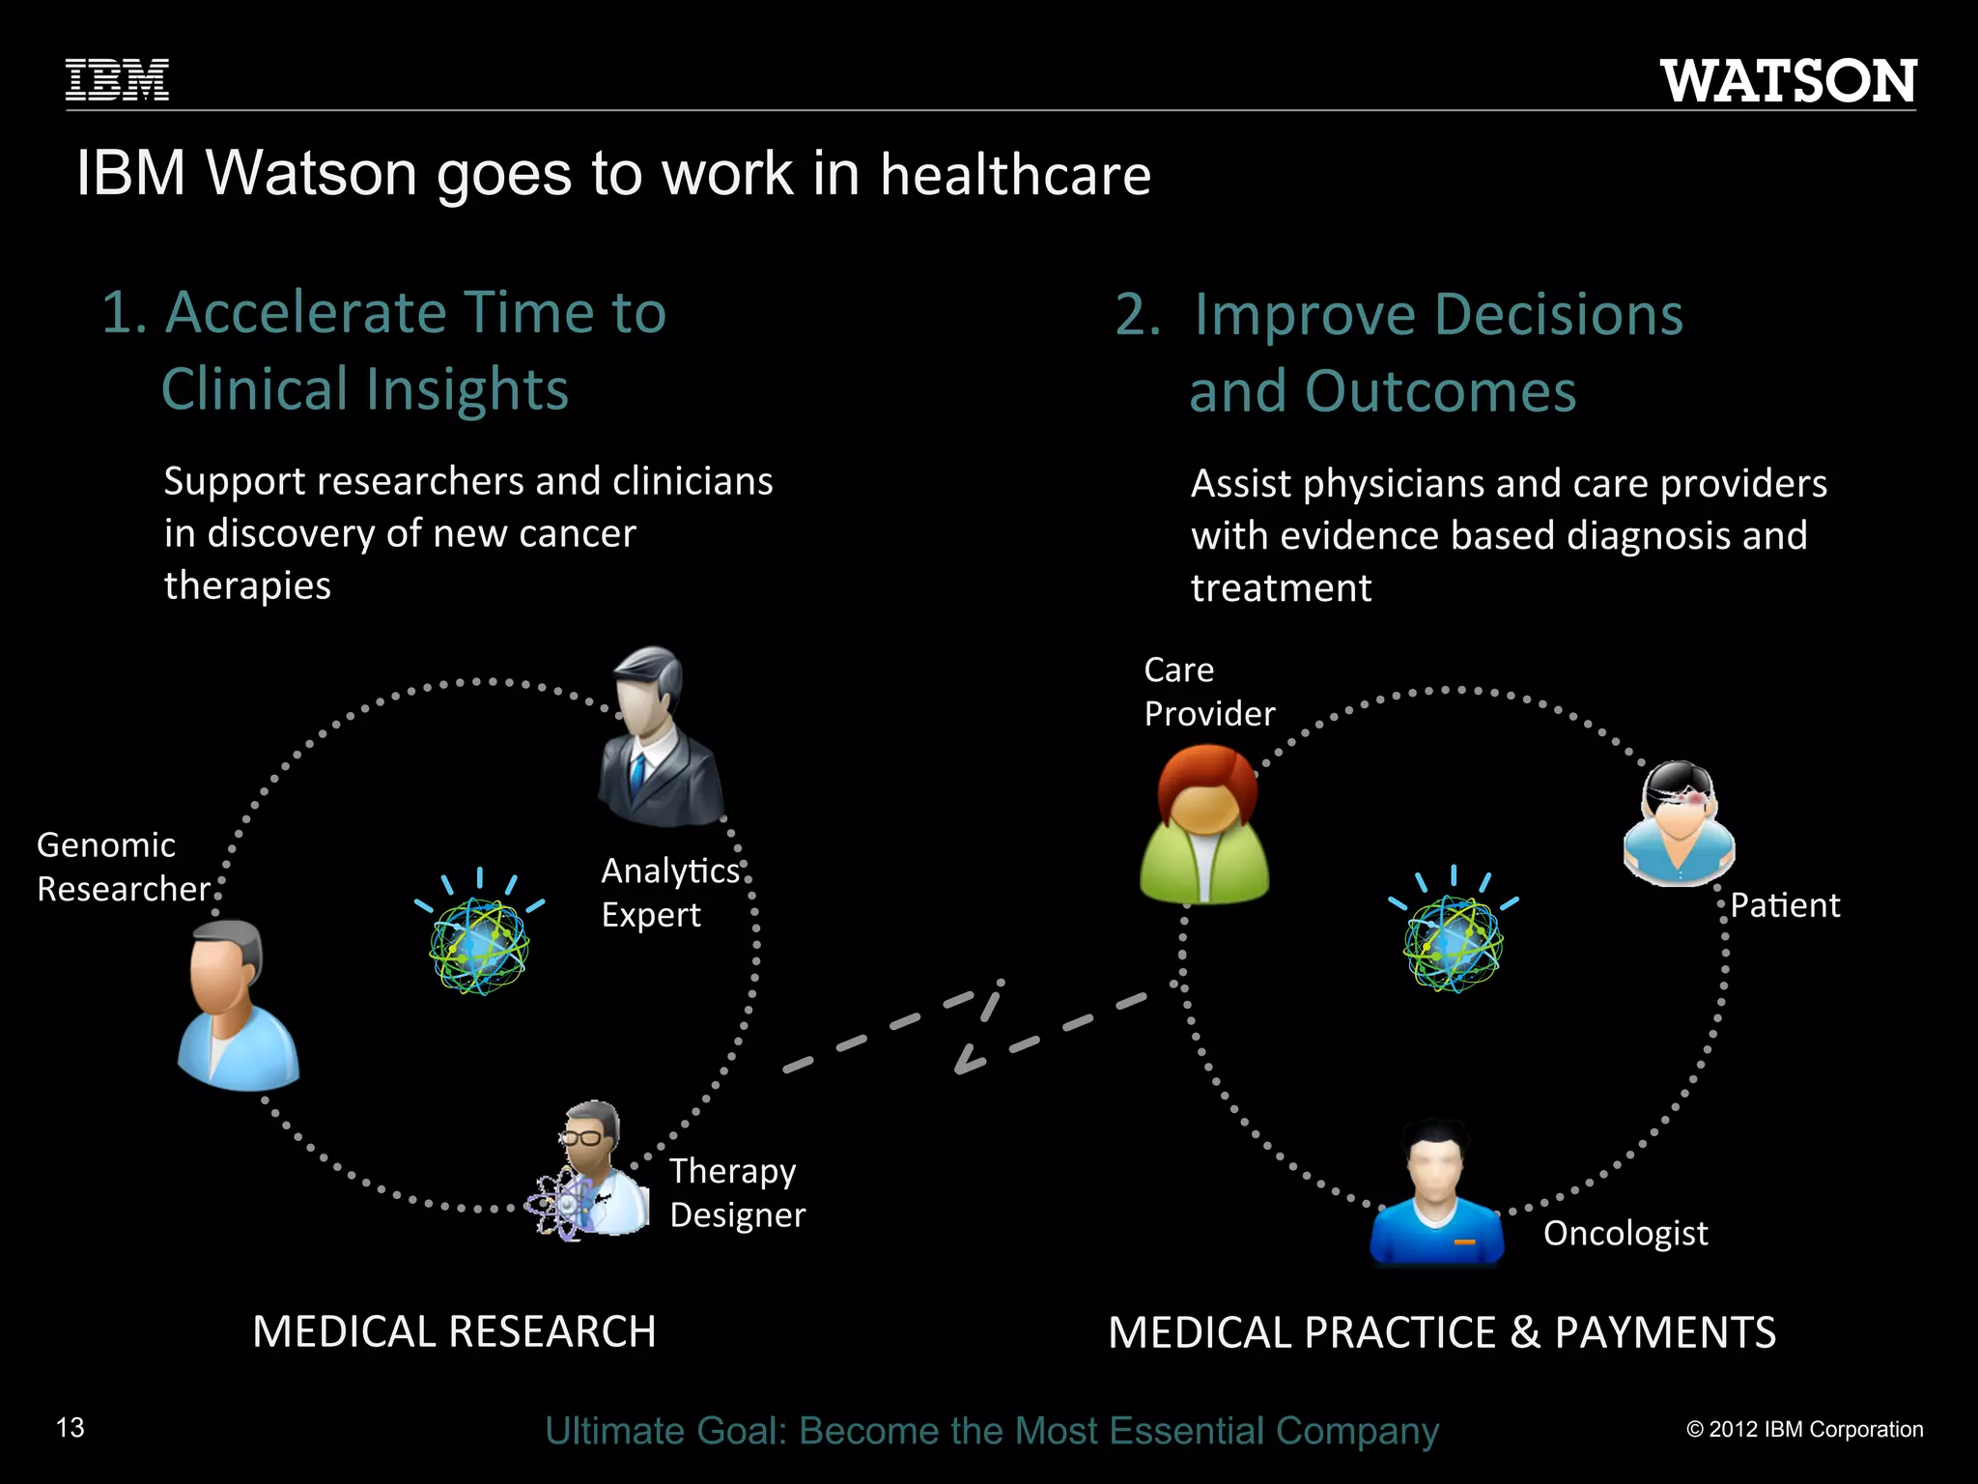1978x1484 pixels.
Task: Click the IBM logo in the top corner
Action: [x=117, y=80]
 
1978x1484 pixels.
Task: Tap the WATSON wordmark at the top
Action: [x=1789, y=81]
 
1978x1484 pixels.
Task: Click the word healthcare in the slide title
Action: [x=1015, y=175]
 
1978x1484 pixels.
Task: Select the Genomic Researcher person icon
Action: [x=238, y=1005]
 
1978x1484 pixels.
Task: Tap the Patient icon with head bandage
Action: [x=1679, y=822]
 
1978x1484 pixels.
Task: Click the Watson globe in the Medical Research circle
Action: [x=479, y=944]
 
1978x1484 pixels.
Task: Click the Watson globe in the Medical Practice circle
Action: [x=1453, y=942]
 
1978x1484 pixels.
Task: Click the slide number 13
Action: [x=71, y=1428]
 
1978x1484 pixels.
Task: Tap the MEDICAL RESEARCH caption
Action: [x=454, y=1331]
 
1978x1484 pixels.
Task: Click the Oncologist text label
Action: [x=1625, y=1233]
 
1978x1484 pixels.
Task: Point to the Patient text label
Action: [x=1785, y=905]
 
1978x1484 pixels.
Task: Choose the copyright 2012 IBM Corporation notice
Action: [x=1804, y=1430]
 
